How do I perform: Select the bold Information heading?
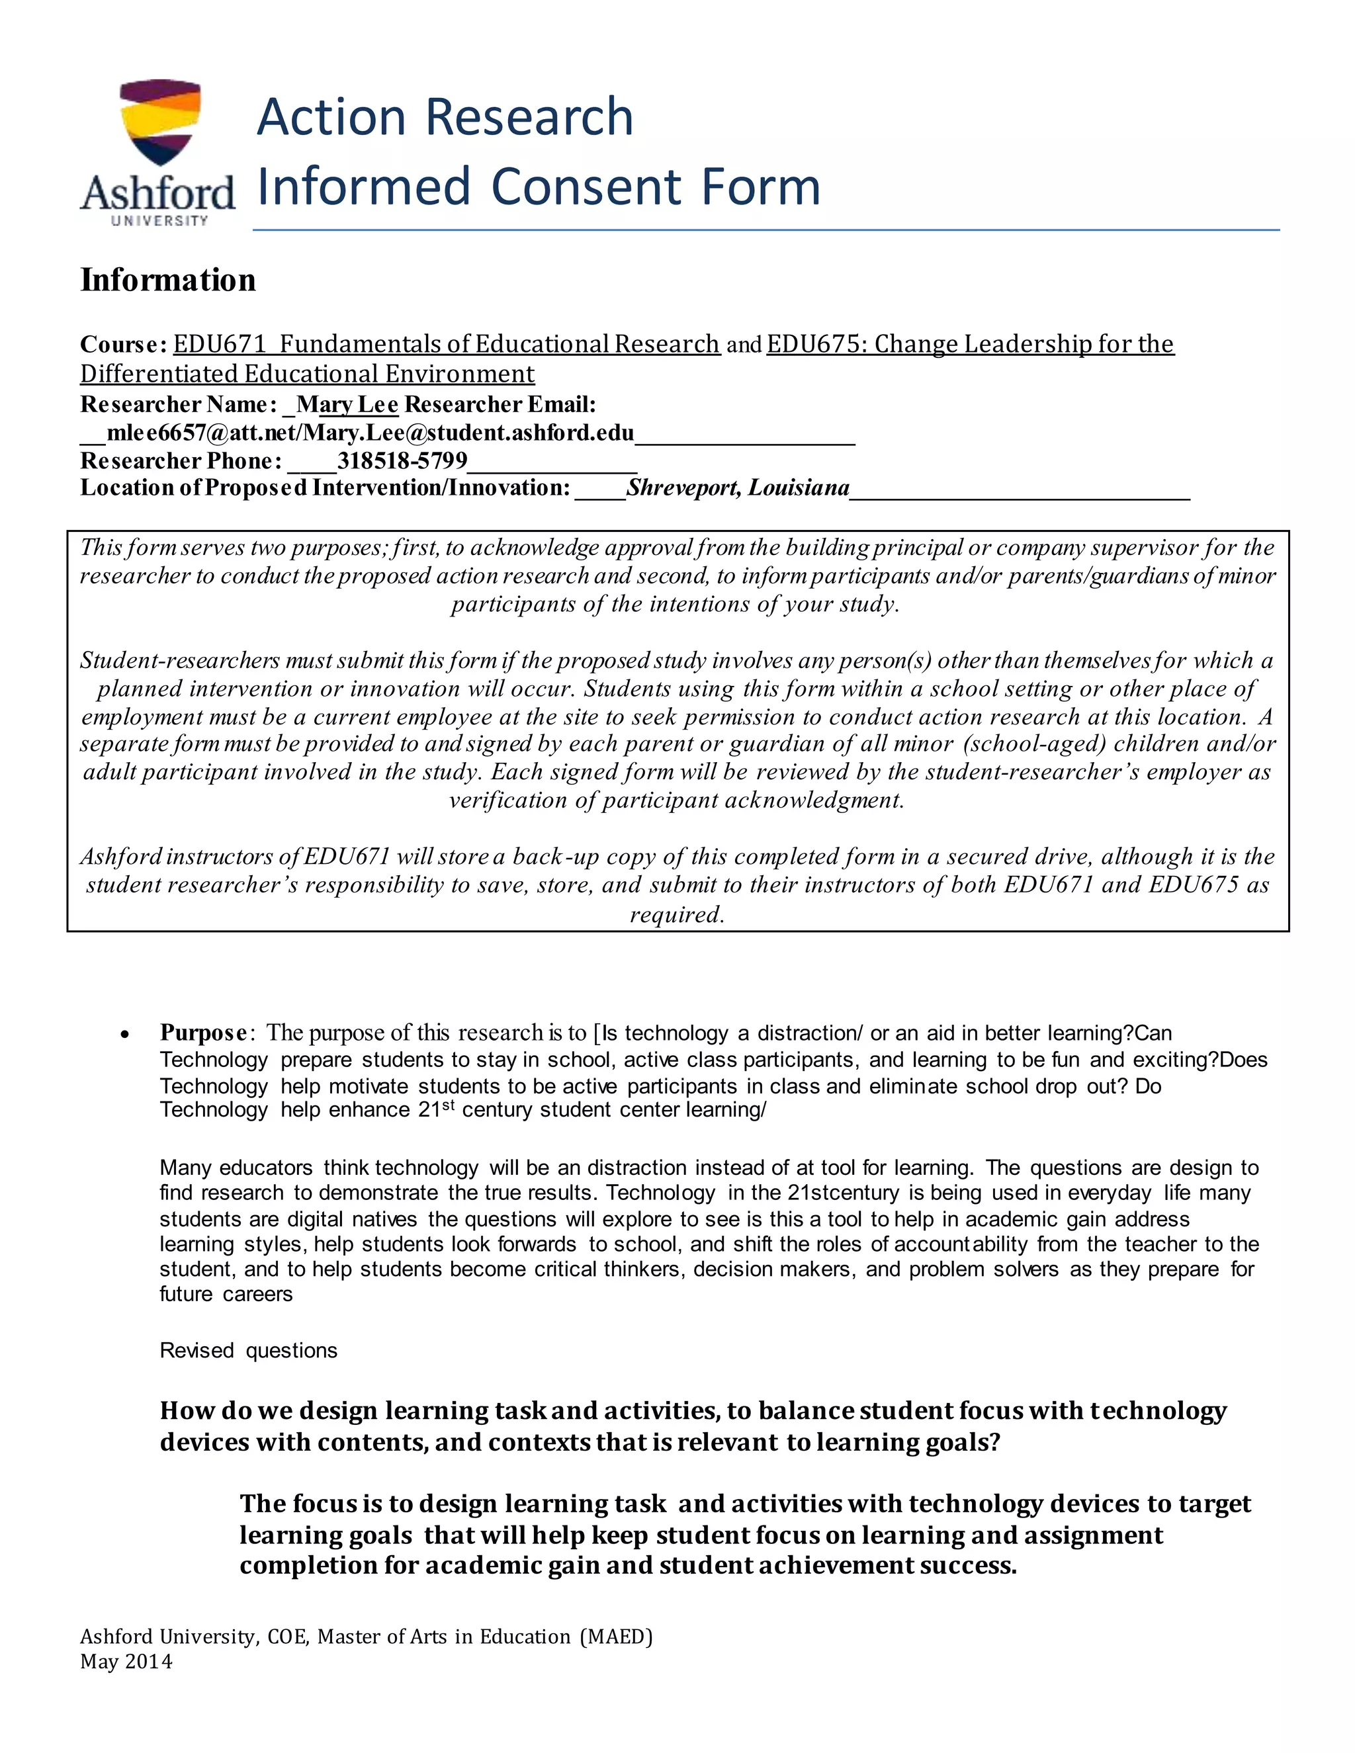tap(168, 280)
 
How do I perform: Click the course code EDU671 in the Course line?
tap(219, 345)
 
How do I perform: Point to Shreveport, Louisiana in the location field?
tap(738, 488)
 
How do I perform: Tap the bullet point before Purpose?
tap(124, 1035)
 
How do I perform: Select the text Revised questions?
tap(248, 1350)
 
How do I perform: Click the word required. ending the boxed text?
tap(677, 914)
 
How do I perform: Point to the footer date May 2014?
tap(126, 1662)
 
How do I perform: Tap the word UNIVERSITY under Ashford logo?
tap(159, 221)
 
